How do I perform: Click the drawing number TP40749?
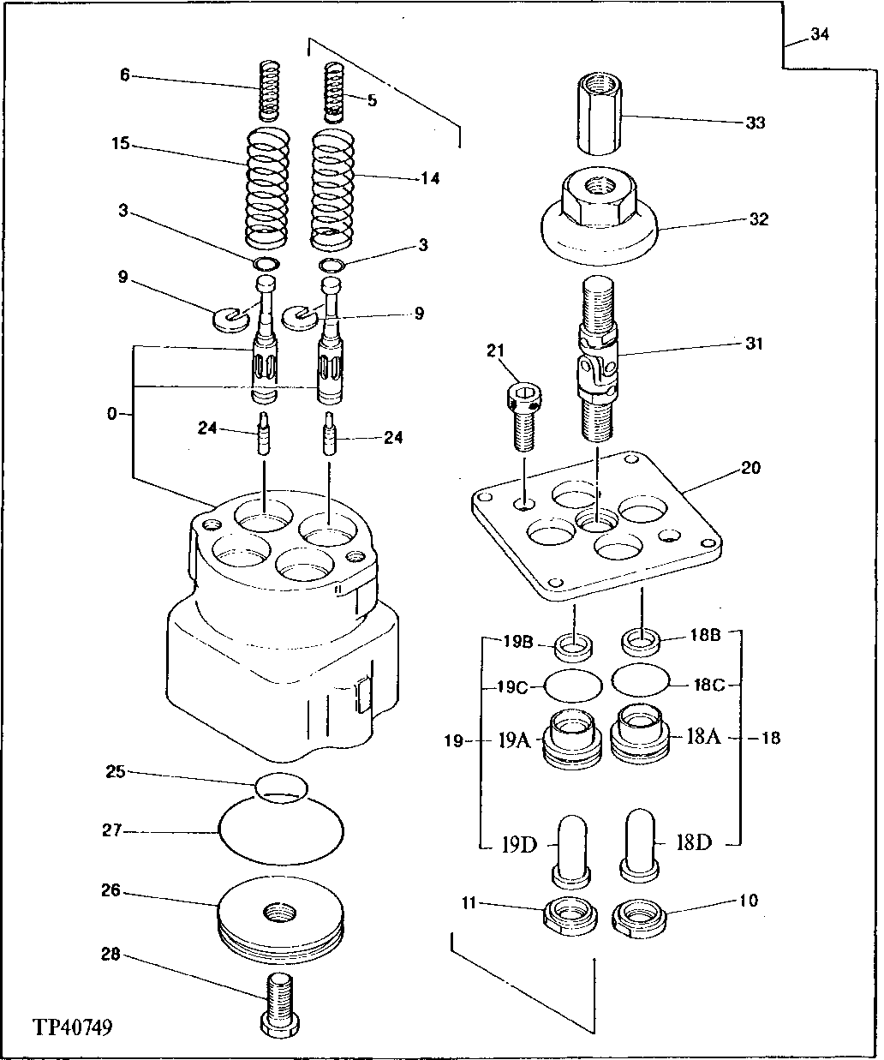click(73, 1026)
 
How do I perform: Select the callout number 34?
click(820, 35)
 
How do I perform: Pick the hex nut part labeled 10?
click(640, 919)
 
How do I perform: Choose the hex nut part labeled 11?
click(570, 917)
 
